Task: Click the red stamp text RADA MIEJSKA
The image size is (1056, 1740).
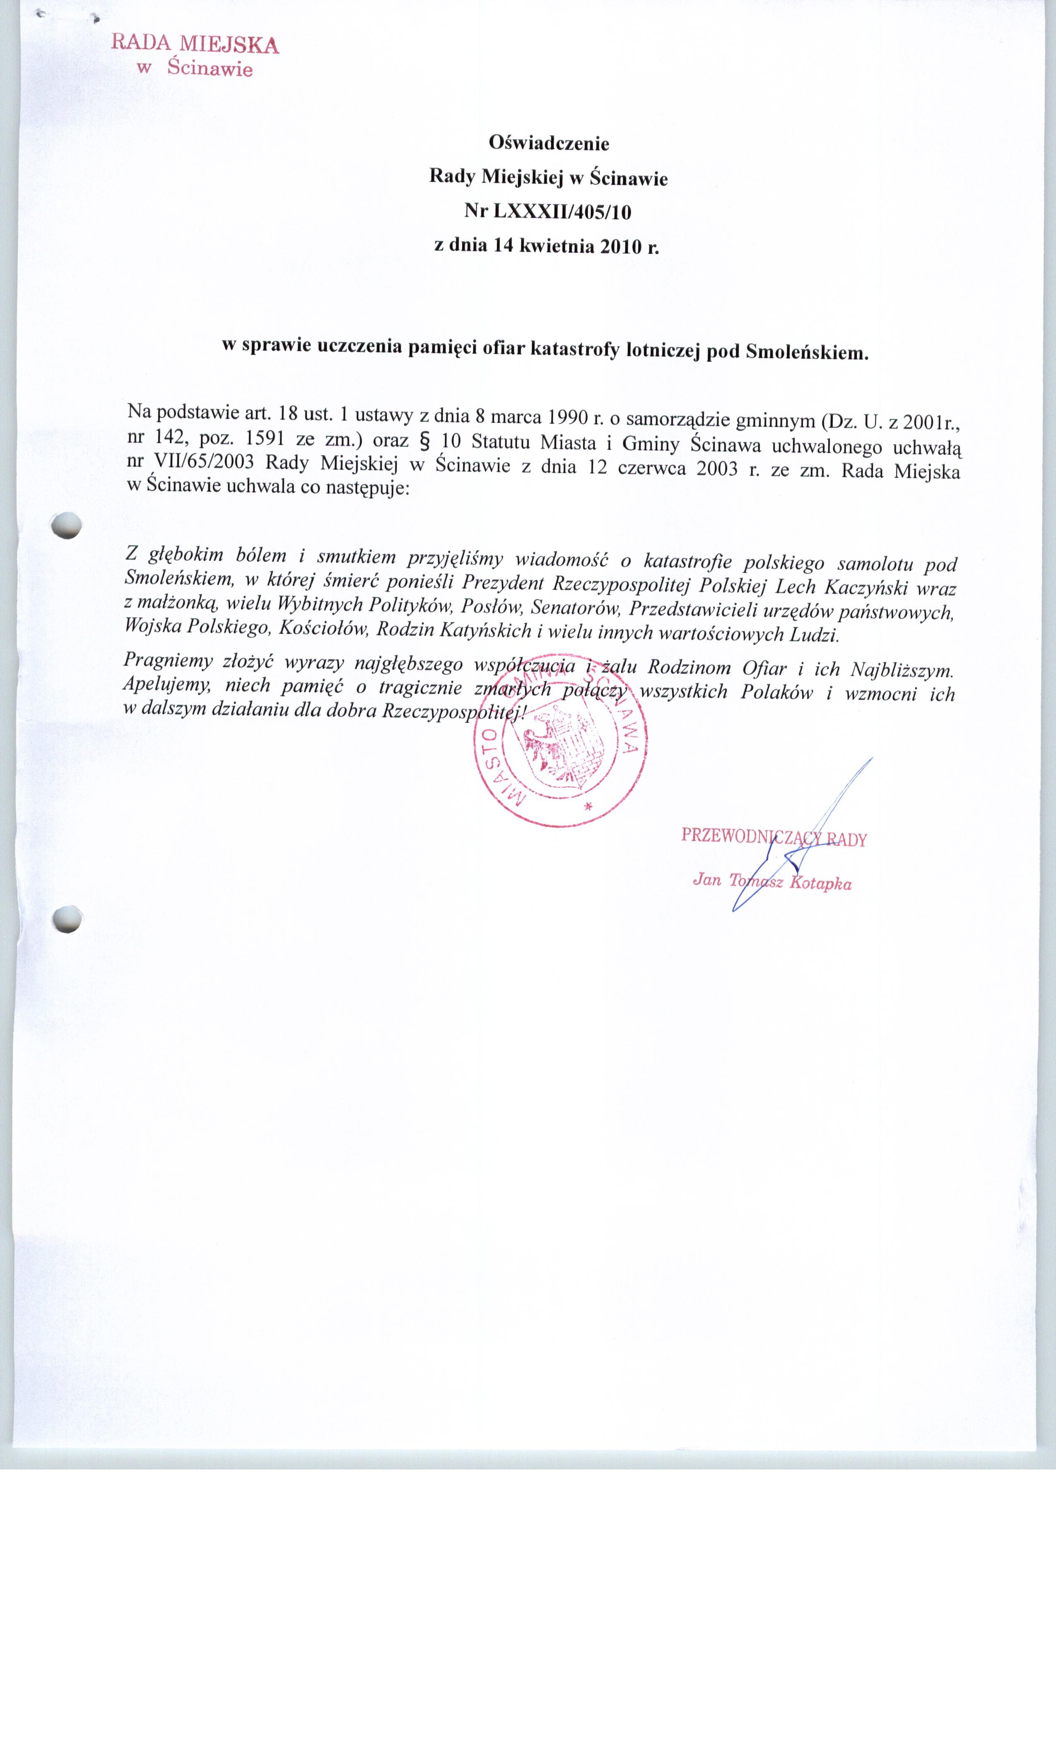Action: coord(195,44)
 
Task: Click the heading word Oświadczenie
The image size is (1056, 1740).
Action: coord(548,143)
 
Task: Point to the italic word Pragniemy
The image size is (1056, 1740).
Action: coord(168,660)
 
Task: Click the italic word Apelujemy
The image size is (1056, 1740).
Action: coord(166,684)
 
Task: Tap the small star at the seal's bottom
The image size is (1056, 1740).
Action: coord(587,806)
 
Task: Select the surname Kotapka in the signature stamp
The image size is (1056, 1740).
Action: coord(820,883)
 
